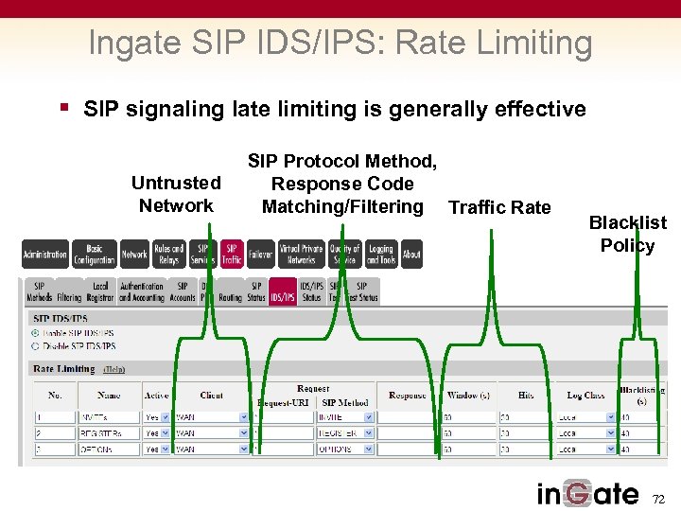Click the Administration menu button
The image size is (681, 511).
tap(44, 254)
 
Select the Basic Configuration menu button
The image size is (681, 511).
tap(95, 254)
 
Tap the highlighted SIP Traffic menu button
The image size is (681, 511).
tap(232, 254)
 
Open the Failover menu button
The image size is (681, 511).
tap(260, 254)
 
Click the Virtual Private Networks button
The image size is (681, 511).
tap(302, 254)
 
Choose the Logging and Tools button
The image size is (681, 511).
tap(380, 254)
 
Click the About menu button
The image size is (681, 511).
tap(411, 254)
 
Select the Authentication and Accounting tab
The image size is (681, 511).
tap(142, 291)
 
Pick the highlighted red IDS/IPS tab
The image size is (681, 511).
tap(283, 291)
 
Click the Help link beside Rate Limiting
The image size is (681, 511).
tap(113, 369)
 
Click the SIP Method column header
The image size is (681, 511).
tap(345, 403)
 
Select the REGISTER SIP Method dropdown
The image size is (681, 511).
tap(345, 433)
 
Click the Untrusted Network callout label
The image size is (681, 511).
tap(176, 194)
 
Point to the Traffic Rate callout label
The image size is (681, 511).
tap(499, 207)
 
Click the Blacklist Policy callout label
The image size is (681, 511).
tap(627, 234)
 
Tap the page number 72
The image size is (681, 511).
tap(659, 498)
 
